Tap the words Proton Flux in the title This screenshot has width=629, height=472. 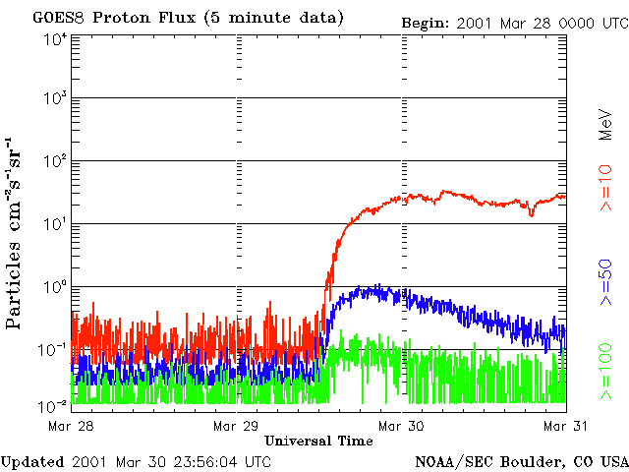tap(139, 19)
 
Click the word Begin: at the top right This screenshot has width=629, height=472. tap(425, 23)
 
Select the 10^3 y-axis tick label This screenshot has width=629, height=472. tap(55, 98)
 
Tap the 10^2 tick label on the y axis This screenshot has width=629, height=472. tap(55, 160)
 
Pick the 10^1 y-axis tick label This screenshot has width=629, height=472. tap(55, 224)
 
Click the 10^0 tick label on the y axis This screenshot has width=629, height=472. tap(55, 286)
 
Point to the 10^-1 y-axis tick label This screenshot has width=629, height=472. tap(55, 349)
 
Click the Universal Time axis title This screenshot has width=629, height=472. tap(318, 441)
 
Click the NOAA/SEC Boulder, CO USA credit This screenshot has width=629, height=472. tap(520, 461)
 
